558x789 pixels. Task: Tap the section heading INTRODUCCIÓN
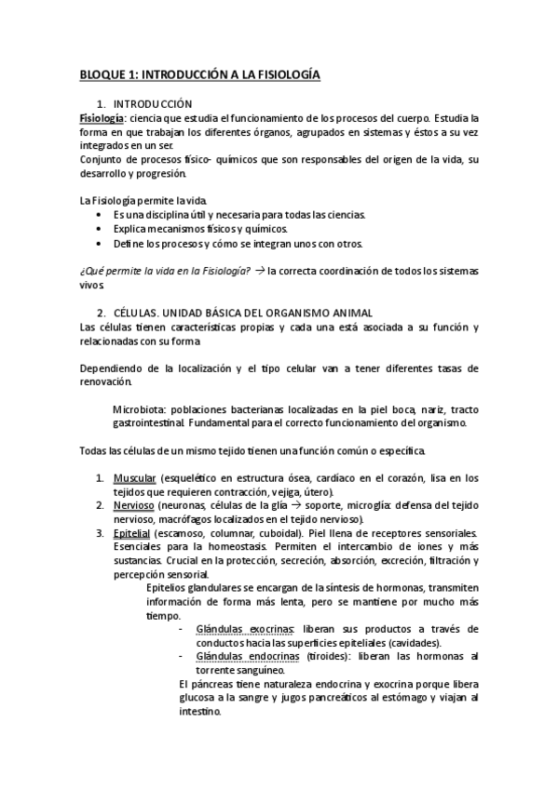point(151,104)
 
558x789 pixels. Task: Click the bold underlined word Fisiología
point(102,118)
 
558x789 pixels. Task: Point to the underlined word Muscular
point(132,477)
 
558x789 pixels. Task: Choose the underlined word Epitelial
point(131,532)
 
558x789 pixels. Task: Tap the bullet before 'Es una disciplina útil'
point(101,215)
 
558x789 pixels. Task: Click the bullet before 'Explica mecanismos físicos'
point(101,229)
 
